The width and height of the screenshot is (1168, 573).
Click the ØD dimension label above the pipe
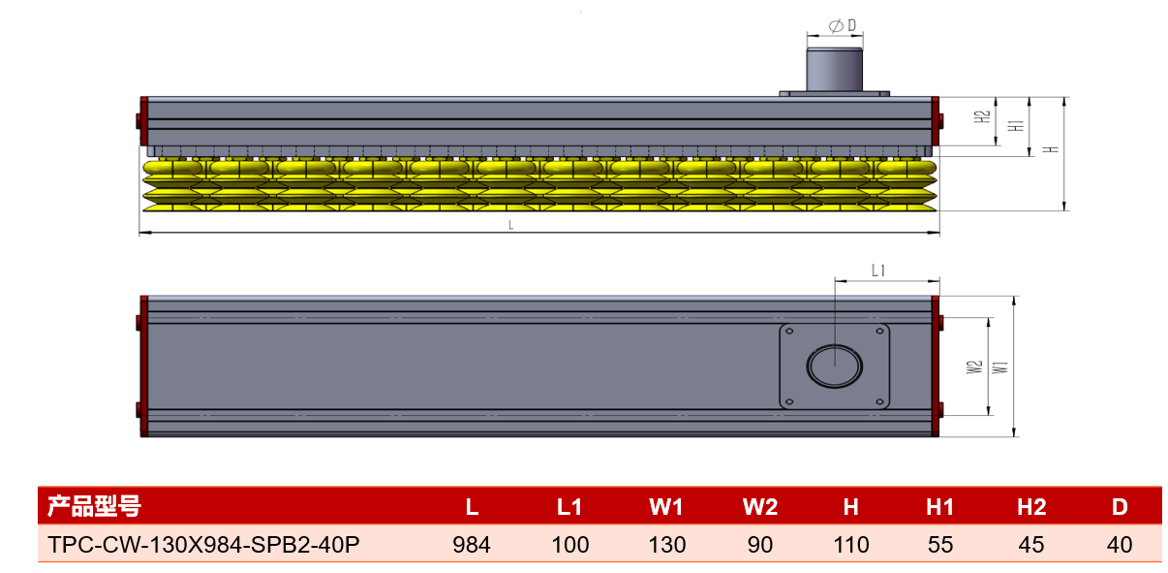(843, 25)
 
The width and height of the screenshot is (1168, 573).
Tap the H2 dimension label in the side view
(982, 116)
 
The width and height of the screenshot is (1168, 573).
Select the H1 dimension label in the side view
(1016, 125)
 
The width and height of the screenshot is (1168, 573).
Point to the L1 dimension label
(878, 271)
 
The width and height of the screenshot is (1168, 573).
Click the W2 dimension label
(974, 366)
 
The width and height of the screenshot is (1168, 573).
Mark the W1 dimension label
(1000, 366)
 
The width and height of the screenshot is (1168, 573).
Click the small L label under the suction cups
(511, 225)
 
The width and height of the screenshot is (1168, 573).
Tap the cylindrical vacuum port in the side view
(834, 69)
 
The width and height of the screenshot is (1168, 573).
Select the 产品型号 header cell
(94, 506)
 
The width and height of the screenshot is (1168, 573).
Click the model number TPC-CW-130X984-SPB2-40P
(203, 544)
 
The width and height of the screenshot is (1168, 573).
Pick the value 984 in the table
(472, 545)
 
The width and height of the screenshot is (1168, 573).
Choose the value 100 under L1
(569, 545)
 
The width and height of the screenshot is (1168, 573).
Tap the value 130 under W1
(667, 545)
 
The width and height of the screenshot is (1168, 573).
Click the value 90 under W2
(759, 545)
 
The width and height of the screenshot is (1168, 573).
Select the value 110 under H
(851, 545)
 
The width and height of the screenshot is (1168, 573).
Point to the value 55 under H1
(940, 545)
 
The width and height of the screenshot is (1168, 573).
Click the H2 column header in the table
(1031, 507)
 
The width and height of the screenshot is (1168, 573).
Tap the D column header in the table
(1120, 507)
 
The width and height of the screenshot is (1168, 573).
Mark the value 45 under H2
(1030, 545)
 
